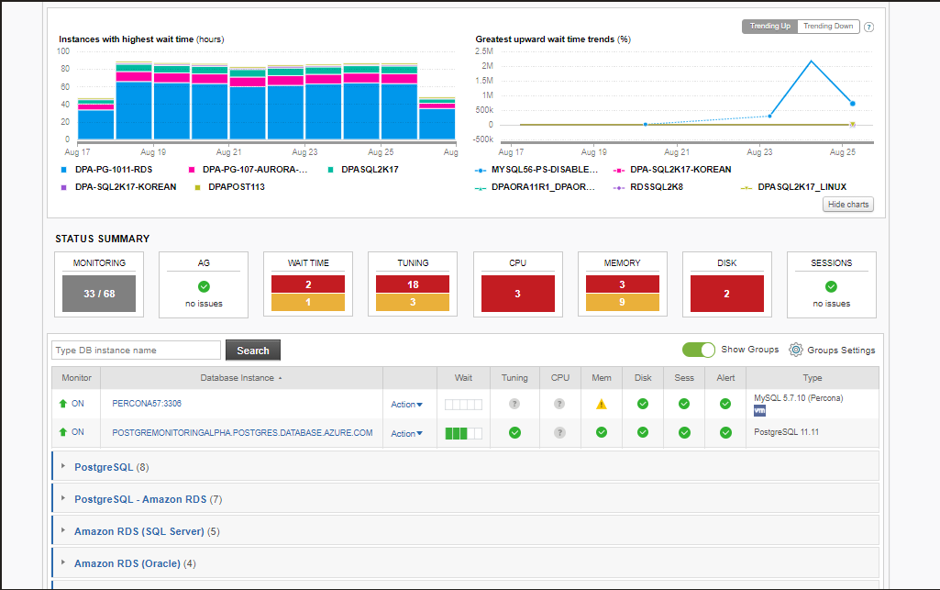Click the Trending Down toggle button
tap(828, 27)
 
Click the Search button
tap(253, 351)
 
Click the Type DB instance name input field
tap(137, 351)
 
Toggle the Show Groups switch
tap(698, 350)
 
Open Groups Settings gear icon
tap(796, 350)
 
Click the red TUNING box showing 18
tap(413, 284)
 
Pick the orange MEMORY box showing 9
tap(622, 302)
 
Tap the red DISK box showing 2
tap(726, 294)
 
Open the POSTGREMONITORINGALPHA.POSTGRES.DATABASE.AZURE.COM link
tap(242, 432)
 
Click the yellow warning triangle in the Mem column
tap(602, 404)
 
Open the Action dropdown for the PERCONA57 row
tap(406, 405)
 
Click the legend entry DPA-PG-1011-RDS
tap(111, 170)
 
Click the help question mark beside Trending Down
tap(868, 27)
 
